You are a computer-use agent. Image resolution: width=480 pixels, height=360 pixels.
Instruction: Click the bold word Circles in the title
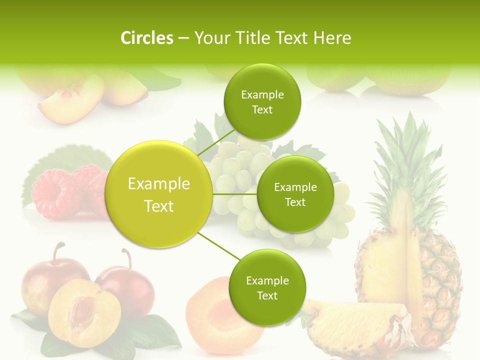click(x=146, y=38)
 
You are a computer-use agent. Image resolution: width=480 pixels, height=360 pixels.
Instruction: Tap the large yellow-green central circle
click(x=158, y=194)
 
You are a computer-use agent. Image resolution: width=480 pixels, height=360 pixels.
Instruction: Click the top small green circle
click(x=262, y=101)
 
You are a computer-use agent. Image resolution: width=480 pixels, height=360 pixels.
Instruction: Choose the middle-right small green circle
click(x=295, y=194)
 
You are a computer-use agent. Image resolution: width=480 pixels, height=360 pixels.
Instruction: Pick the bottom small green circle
click(x=267, y=287)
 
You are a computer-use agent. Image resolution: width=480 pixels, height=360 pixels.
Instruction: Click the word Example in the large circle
click(x=158, y=184)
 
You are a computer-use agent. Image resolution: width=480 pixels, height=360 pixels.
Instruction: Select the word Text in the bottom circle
click(x=267, y=295)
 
